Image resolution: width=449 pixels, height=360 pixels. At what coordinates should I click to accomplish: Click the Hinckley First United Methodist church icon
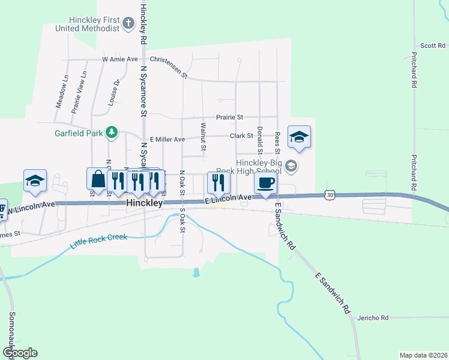pyautogui.click(x=128, y=23)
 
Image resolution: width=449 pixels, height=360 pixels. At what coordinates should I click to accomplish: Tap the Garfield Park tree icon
pyautogui.click(x=111, y=132)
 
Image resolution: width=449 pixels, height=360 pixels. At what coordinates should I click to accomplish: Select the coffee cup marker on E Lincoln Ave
pyautogui.click(x=265, y=183)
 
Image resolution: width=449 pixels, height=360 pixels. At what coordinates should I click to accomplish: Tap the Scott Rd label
pyautogui.click(x=432, y=46)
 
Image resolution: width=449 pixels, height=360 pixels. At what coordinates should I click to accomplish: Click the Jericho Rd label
pyautogui.click(x=372, y=317)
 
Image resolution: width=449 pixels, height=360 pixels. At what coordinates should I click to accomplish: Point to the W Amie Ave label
pyautogui.click(x=120, y=59)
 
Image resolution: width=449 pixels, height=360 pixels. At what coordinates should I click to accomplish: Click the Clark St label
pyautogui.click(x=241, y=136)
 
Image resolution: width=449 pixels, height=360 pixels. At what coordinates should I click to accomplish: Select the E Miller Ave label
pyautogui.click(x=167, y=139)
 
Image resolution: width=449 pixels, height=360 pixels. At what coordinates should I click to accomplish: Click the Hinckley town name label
pyautogui.click(x=145, y=204)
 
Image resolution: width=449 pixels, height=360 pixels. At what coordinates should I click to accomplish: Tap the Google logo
pyautogui.click(x=20, y=353)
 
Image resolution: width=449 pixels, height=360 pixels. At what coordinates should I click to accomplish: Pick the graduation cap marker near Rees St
pyautogui.click(x=299, y=137)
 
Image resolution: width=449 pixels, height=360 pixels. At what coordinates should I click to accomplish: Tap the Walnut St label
pyautogui.click(x=203, y=137)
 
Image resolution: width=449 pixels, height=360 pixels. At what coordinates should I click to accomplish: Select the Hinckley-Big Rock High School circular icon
pyautogui.click(x=291, y=166)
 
